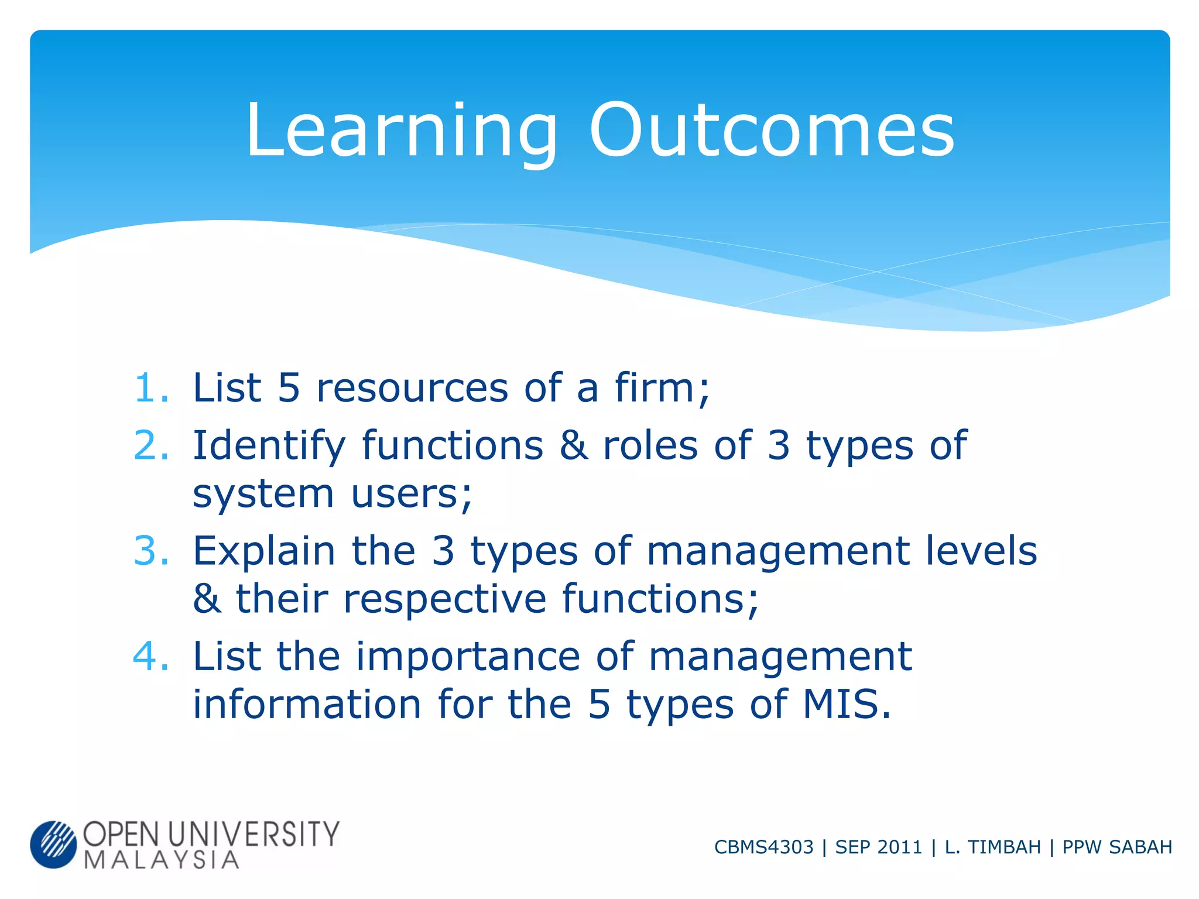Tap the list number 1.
[x=151, y=388]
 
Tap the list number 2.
[x=151, y=445]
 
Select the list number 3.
[x=151, y=551]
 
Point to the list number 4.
[x=151, y=656]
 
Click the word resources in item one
[x=412, y=389]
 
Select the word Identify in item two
[x=269, y=447]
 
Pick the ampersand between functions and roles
[x=573, y=445]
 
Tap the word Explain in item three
[x=264, y=552]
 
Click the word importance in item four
[x=468, y=657]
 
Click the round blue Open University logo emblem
[x=53, y=844]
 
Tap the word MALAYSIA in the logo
[x=162, y=860]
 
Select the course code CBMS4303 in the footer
[x=763, y=847]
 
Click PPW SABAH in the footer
[x=1117, y=847]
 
